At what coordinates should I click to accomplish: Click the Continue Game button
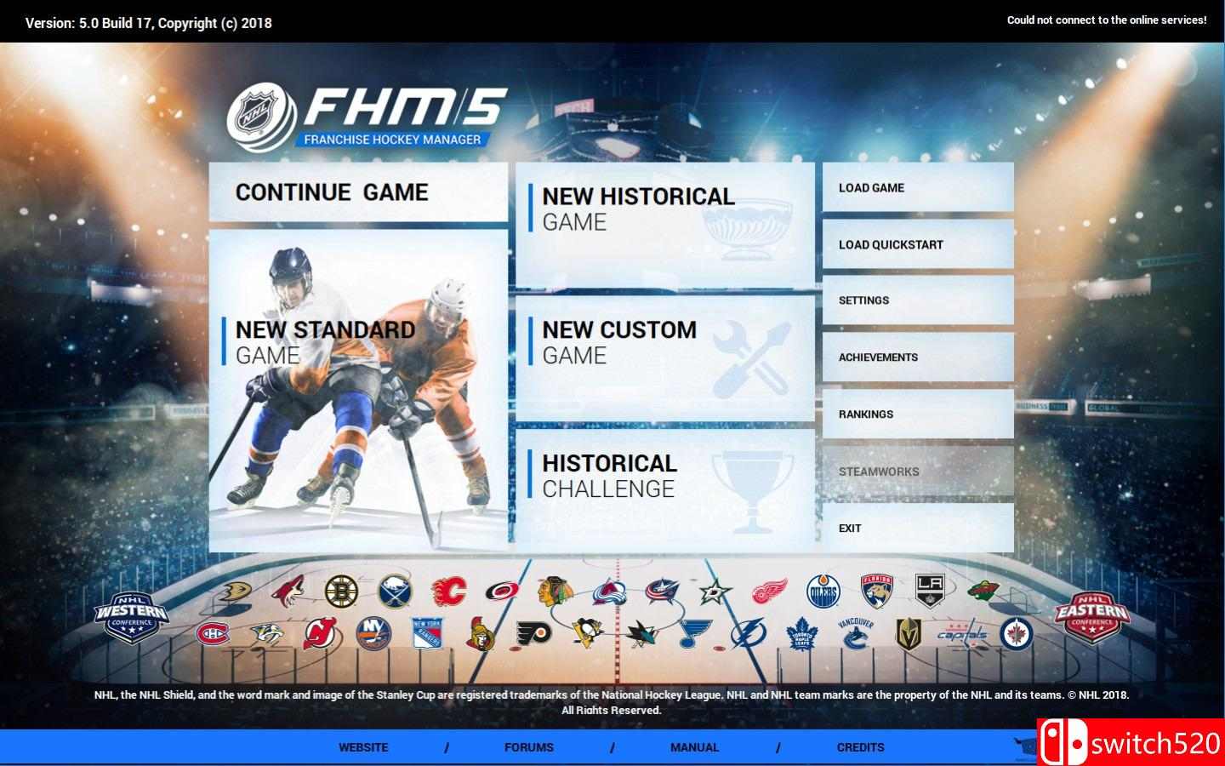pyautogui.click(x=358, y=192)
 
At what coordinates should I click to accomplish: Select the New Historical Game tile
pyautogui.click(x=665, y=225)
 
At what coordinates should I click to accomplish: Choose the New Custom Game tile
pyautogui.click(x=665, y=358)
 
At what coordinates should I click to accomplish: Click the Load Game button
pyautogui.click(x=918, y=187)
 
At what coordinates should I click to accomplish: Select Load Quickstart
pyautogui.click(x=918, y=244)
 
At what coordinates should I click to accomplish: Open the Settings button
pyautogui.click(x=918, y=300)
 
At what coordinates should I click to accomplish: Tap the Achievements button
pyautogui.click(x=918, y=357)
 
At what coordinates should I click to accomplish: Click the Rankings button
pyautogui.click(x=918, y=414)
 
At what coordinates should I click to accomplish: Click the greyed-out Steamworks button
pyautogui.click(x=918, y=472)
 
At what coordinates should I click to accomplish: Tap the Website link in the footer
pyautogui.click(x=363, y=747)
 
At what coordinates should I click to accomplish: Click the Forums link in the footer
pyautogui.click(x=529, y=747)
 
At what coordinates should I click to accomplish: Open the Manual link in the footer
pyautogui.click(x=694, y=747)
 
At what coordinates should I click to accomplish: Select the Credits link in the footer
pyautogui.click(x=860, y=747)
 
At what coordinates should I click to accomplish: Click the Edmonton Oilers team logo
pyautogui.click(x=823, y=592)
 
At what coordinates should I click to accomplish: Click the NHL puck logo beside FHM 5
pyautogui.click(x=262, y=117)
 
